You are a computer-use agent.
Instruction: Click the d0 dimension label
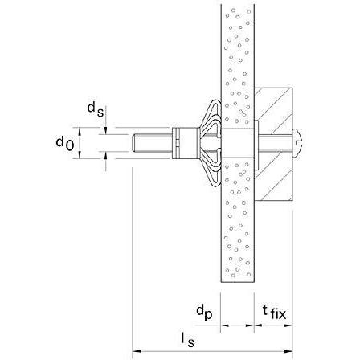(64, 142)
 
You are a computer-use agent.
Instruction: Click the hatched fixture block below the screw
(274, 181)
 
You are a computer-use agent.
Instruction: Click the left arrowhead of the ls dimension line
(137, 350)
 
